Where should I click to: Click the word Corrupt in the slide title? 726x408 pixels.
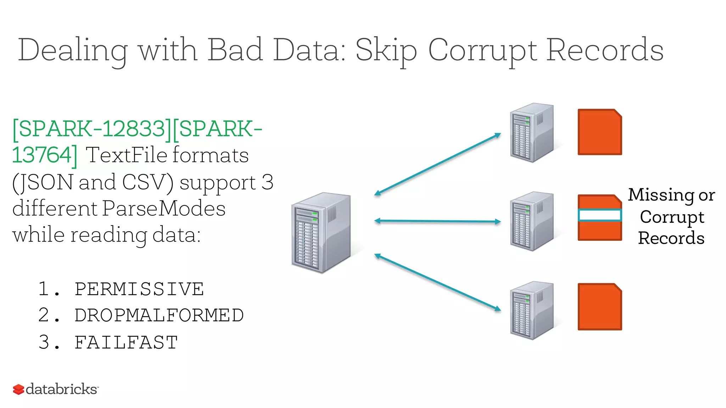tap(483, 50)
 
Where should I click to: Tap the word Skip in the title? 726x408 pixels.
tap(386, 50)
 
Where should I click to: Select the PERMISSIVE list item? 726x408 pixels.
tap(139, 289)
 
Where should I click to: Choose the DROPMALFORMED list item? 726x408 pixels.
tap(159, 315)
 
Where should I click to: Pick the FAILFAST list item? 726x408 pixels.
tap(126, 342)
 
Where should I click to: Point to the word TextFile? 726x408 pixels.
tap(127, 155)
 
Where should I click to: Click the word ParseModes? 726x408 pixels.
tap(164, 208)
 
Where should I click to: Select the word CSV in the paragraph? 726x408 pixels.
tap(146, 182)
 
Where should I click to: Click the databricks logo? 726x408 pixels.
tap(56, 389)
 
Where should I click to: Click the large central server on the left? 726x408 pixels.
tap(321, 232)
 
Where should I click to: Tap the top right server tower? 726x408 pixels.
tap(532, 132)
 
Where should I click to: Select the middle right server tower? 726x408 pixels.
tap(532, 221)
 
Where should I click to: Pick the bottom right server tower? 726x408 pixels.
tap(532, 310)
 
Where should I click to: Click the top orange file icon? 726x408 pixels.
tap(599, 132)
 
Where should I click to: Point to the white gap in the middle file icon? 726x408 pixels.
tap(599, 215)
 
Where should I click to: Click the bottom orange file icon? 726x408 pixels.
tap(599, 307)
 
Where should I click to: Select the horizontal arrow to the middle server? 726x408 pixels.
tap(437, 221)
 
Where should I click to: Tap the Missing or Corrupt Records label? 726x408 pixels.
tap(671, 216)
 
